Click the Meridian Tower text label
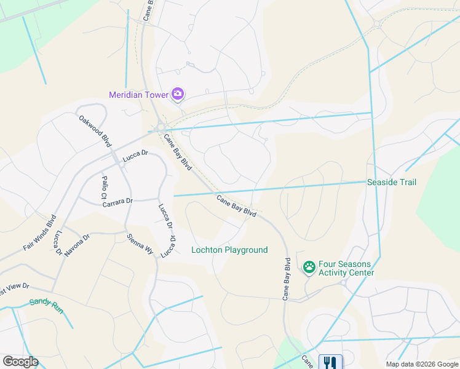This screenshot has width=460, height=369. click(139, 95)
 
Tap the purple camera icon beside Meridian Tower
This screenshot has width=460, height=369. click(178, 94)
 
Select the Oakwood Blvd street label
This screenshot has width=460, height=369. click(95, 131)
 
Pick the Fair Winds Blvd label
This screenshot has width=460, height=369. click(40, 232)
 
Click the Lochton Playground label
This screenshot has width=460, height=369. click(229, 250)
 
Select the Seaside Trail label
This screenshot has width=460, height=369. click(392, 182)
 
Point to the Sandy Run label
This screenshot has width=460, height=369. click(46, 303)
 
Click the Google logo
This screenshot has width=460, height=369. click(20, 362)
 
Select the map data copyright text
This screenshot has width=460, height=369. click(421, 364)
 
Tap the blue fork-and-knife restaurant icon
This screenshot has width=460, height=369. click(330, 362)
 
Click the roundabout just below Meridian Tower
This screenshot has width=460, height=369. click(161, 127)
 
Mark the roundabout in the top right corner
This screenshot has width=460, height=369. click(376, 25)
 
